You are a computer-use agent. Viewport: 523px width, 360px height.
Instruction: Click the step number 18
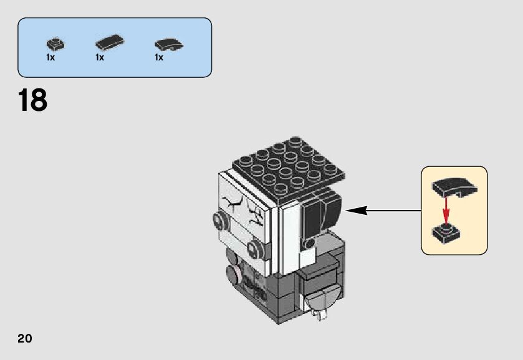click(x=33, y=101)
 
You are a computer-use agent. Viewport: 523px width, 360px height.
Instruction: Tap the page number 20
click(x=24, y=339)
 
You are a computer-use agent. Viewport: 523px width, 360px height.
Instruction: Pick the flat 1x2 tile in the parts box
click(x=108, y=43)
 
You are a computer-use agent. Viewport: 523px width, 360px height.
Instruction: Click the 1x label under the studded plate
click(x=50, y=58)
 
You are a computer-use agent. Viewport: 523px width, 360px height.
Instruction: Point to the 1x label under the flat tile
click(x=100, y=58)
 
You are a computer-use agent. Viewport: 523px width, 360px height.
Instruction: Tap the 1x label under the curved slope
click(x=159, y=58)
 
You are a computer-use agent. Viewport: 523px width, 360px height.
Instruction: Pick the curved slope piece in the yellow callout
click(x=454, y=186)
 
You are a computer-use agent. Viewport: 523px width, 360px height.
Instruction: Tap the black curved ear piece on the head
click(x=322, y=214)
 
